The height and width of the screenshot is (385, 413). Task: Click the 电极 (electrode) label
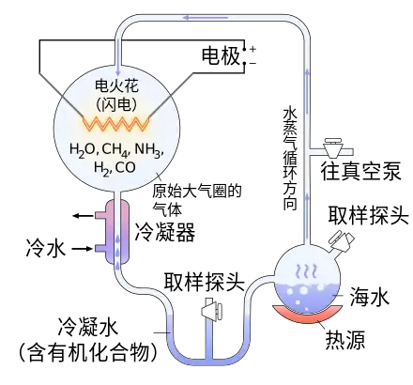coord(221,56)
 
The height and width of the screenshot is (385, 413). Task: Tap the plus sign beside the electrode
coord(252,49)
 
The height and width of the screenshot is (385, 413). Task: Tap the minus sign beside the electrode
coord(252,64)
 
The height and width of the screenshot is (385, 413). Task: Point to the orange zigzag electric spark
coord(115,124)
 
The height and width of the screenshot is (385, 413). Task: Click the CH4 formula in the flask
coord(115,149)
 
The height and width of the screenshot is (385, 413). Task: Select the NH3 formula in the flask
coord(148,149)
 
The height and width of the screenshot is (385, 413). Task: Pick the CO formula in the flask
coord(126,167)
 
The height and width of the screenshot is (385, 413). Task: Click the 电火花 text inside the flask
coord(116,85)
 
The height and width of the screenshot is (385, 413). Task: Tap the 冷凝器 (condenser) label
coord(165,232)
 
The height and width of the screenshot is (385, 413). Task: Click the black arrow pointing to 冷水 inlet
coord(83,249)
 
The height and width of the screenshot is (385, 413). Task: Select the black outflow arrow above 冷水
coord(84,215)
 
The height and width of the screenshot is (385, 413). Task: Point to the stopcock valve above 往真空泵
coord(332,147)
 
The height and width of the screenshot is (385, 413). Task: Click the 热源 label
coord(345,340)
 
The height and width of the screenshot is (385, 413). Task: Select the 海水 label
coord(370,298)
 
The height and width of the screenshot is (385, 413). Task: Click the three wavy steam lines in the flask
coord(307,271)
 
